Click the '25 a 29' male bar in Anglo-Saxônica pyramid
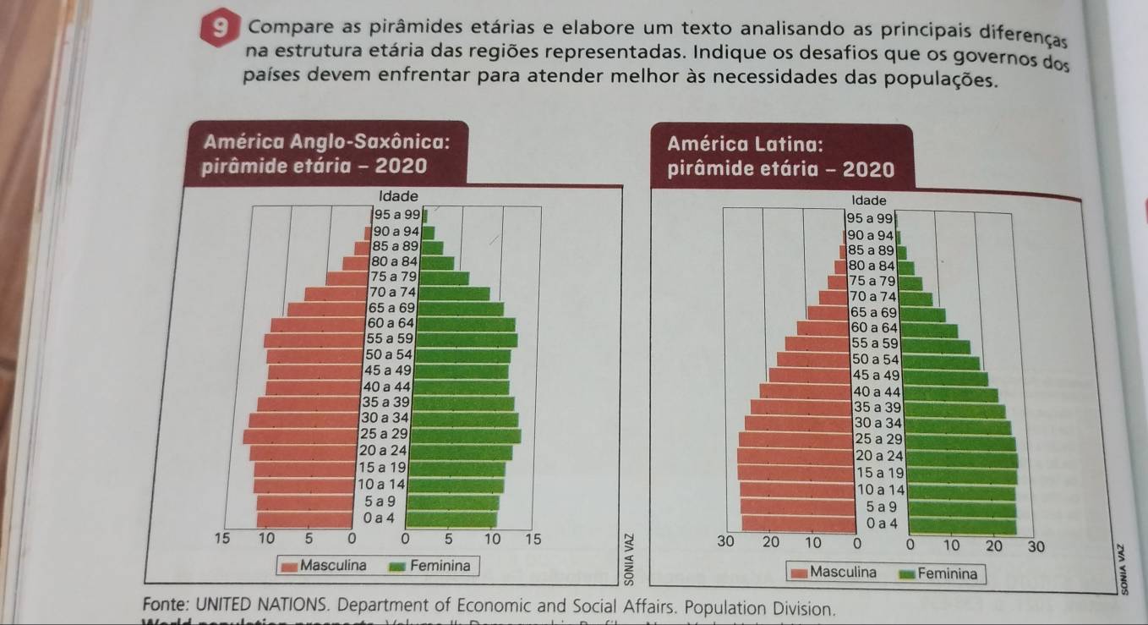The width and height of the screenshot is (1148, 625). tap(301, 436)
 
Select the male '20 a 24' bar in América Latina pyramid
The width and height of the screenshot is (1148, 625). tap(795, 456)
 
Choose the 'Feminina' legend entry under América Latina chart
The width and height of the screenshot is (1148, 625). tap(938, 573)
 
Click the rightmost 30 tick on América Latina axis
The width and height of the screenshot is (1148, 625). tap(1034, 546)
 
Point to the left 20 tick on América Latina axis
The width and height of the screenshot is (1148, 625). tap(770, 541)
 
